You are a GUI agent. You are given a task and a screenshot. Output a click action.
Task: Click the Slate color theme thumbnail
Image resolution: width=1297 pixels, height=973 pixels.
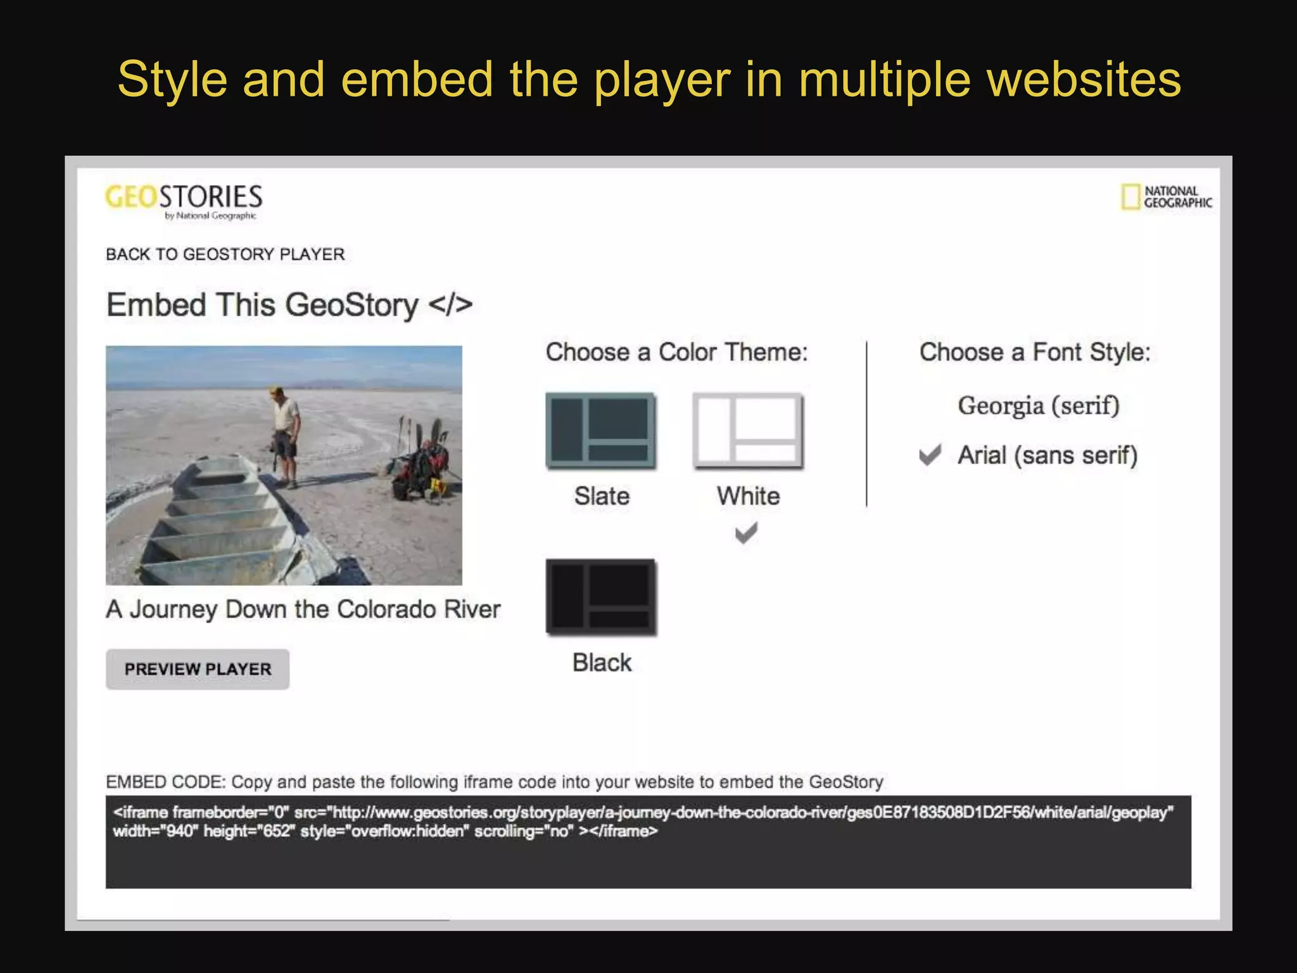(600, 431)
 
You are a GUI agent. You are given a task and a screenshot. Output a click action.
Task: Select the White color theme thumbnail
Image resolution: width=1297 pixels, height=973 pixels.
(747, 431)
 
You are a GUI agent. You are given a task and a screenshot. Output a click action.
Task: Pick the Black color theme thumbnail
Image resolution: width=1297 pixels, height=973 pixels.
(600, 597)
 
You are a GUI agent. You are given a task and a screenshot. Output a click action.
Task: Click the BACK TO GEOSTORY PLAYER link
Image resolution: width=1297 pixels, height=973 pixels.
(225, 254)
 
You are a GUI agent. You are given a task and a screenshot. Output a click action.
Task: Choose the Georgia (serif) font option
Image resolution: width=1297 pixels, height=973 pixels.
(1038, 405)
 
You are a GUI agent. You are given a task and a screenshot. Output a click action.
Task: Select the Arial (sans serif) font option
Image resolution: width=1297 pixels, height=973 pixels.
(1047, 455)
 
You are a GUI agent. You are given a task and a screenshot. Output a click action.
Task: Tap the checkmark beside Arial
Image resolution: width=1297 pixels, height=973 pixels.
(930, 455)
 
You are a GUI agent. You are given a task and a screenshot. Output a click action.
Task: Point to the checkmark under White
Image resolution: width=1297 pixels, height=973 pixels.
(746, 533)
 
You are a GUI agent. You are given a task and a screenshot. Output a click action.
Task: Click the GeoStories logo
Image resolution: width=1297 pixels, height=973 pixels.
(184, 200)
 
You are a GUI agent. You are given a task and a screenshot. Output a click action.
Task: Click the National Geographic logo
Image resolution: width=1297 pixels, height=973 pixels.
(1166, 197)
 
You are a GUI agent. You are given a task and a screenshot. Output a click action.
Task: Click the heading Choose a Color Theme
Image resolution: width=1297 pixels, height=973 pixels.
(676, 352)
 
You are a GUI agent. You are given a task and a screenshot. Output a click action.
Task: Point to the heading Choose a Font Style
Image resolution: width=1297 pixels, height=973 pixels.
(1034, 352)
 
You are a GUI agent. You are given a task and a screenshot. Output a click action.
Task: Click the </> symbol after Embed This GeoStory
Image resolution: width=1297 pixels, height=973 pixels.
(450, 305)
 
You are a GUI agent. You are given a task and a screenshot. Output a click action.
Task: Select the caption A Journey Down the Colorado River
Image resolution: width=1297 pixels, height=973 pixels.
(303, 609)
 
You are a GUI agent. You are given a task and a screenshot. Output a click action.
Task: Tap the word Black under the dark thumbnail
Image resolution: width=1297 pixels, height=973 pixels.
(602, 663)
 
